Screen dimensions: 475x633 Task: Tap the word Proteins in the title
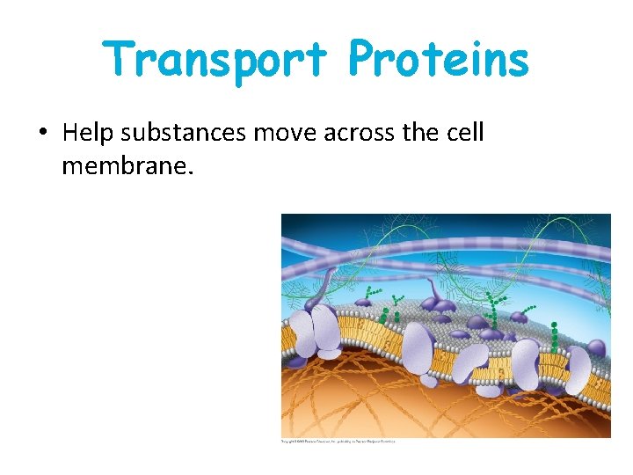pos(439,60)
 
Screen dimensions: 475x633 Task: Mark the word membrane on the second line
pos(121,164)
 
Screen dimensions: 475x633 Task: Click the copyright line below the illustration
pos(338,441)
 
